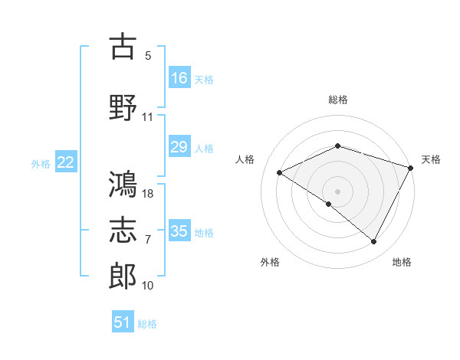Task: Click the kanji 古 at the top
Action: click(123, 47)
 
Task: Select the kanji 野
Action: click(123, 108)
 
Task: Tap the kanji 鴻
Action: click(123, 184)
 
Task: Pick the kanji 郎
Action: click(123, 277)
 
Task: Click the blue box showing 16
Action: click(179, 77)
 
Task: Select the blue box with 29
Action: click(179, 147)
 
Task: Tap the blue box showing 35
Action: click(179, 231)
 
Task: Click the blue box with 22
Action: click(66, 162)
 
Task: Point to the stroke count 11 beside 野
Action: click(148, 117)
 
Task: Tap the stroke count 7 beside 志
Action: click(148, 240)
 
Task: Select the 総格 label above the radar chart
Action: click(337, 100)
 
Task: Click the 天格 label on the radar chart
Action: click(431, 159)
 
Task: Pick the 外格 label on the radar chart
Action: click(270, 262)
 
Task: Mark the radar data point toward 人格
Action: click(280, 173)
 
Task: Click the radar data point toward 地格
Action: click(374, 242)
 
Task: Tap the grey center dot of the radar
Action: click(337, 191)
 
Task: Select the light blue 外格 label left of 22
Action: click(41, 163)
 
